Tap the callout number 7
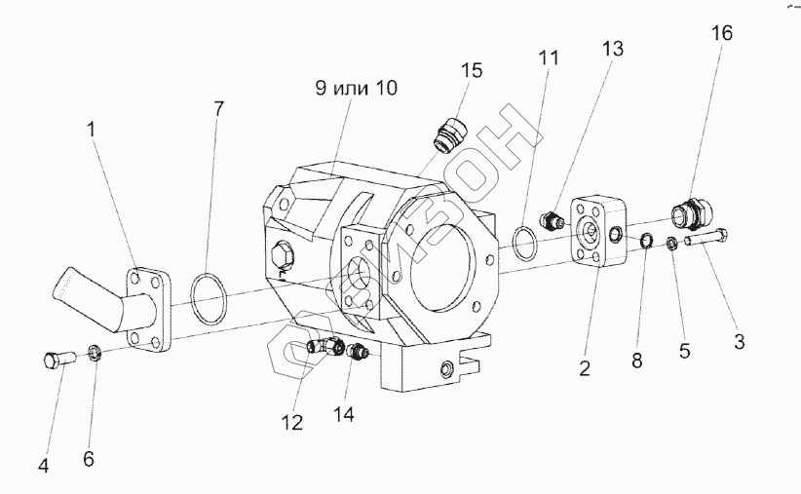219,108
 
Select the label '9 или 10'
355,89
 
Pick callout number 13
612,49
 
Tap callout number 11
550,57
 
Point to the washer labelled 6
95,352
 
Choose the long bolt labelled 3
706,238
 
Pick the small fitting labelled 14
357,354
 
